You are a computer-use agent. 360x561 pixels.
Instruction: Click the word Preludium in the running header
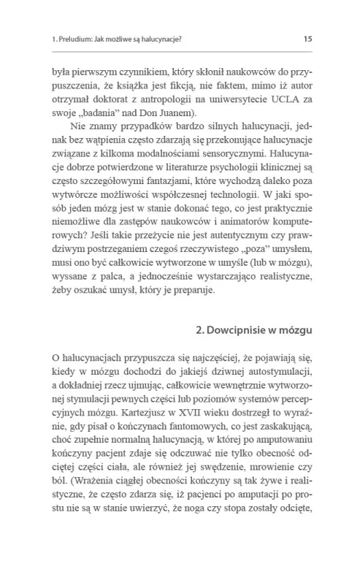pyautogui.click(x=74, y=39)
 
